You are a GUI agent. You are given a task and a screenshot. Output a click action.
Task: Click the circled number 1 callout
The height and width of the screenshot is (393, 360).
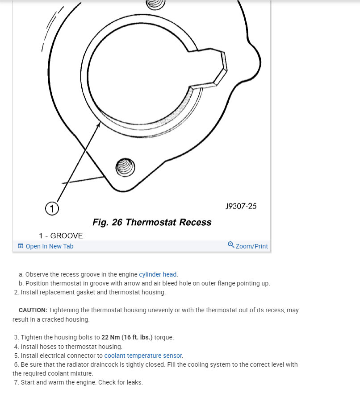click(x=52, y=208)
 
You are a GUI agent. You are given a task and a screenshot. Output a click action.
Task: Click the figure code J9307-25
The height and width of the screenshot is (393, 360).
click(x=241, y=206)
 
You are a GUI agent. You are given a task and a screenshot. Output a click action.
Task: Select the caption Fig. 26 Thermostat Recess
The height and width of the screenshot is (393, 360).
click(x=152, y=222)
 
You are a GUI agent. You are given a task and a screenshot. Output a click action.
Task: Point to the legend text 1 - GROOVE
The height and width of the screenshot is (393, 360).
click(x=61, y=236)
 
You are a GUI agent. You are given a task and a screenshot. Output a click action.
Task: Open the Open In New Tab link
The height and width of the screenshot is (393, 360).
click(x=49, y=246)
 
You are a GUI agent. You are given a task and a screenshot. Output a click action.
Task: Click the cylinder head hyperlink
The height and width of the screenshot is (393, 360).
click(x=158, y=274)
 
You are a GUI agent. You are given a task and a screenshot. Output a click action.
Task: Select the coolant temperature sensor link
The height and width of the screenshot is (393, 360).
click(x=143, y=356)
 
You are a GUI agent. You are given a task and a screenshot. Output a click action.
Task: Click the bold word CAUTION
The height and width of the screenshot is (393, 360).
click(x=33, y=310)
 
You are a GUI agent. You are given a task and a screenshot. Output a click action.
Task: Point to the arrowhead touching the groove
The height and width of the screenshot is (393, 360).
click(x=98, y=125)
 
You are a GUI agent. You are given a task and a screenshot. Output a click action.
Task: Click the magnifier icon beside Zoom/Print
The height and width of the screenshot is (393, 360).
click(x=231, y=245)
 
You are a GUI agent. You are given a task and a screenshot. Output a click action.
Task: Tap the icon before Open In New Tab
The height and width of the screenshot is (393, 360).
click(x=21, y=246)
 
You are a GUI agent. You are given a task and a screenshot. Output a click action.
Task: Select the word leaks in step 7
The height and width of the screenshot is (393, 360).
click(x=134, y=382)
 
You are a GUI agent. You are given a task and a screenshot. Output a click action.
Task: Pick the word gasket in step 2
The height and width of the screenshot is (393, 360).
click(x=78, y=293)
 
